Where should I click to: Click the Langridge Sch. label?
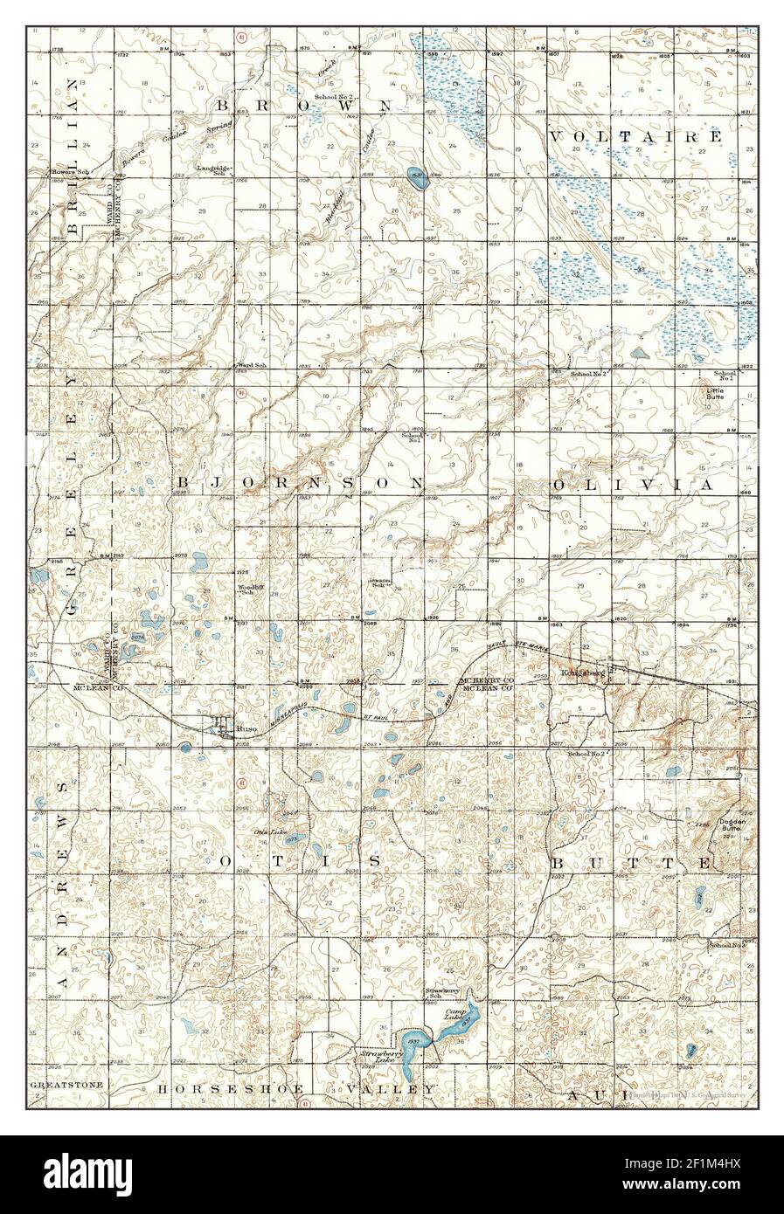213,169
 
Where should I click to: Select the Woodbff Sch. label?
251,590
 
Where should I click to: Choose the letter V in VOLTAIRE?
557,137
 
